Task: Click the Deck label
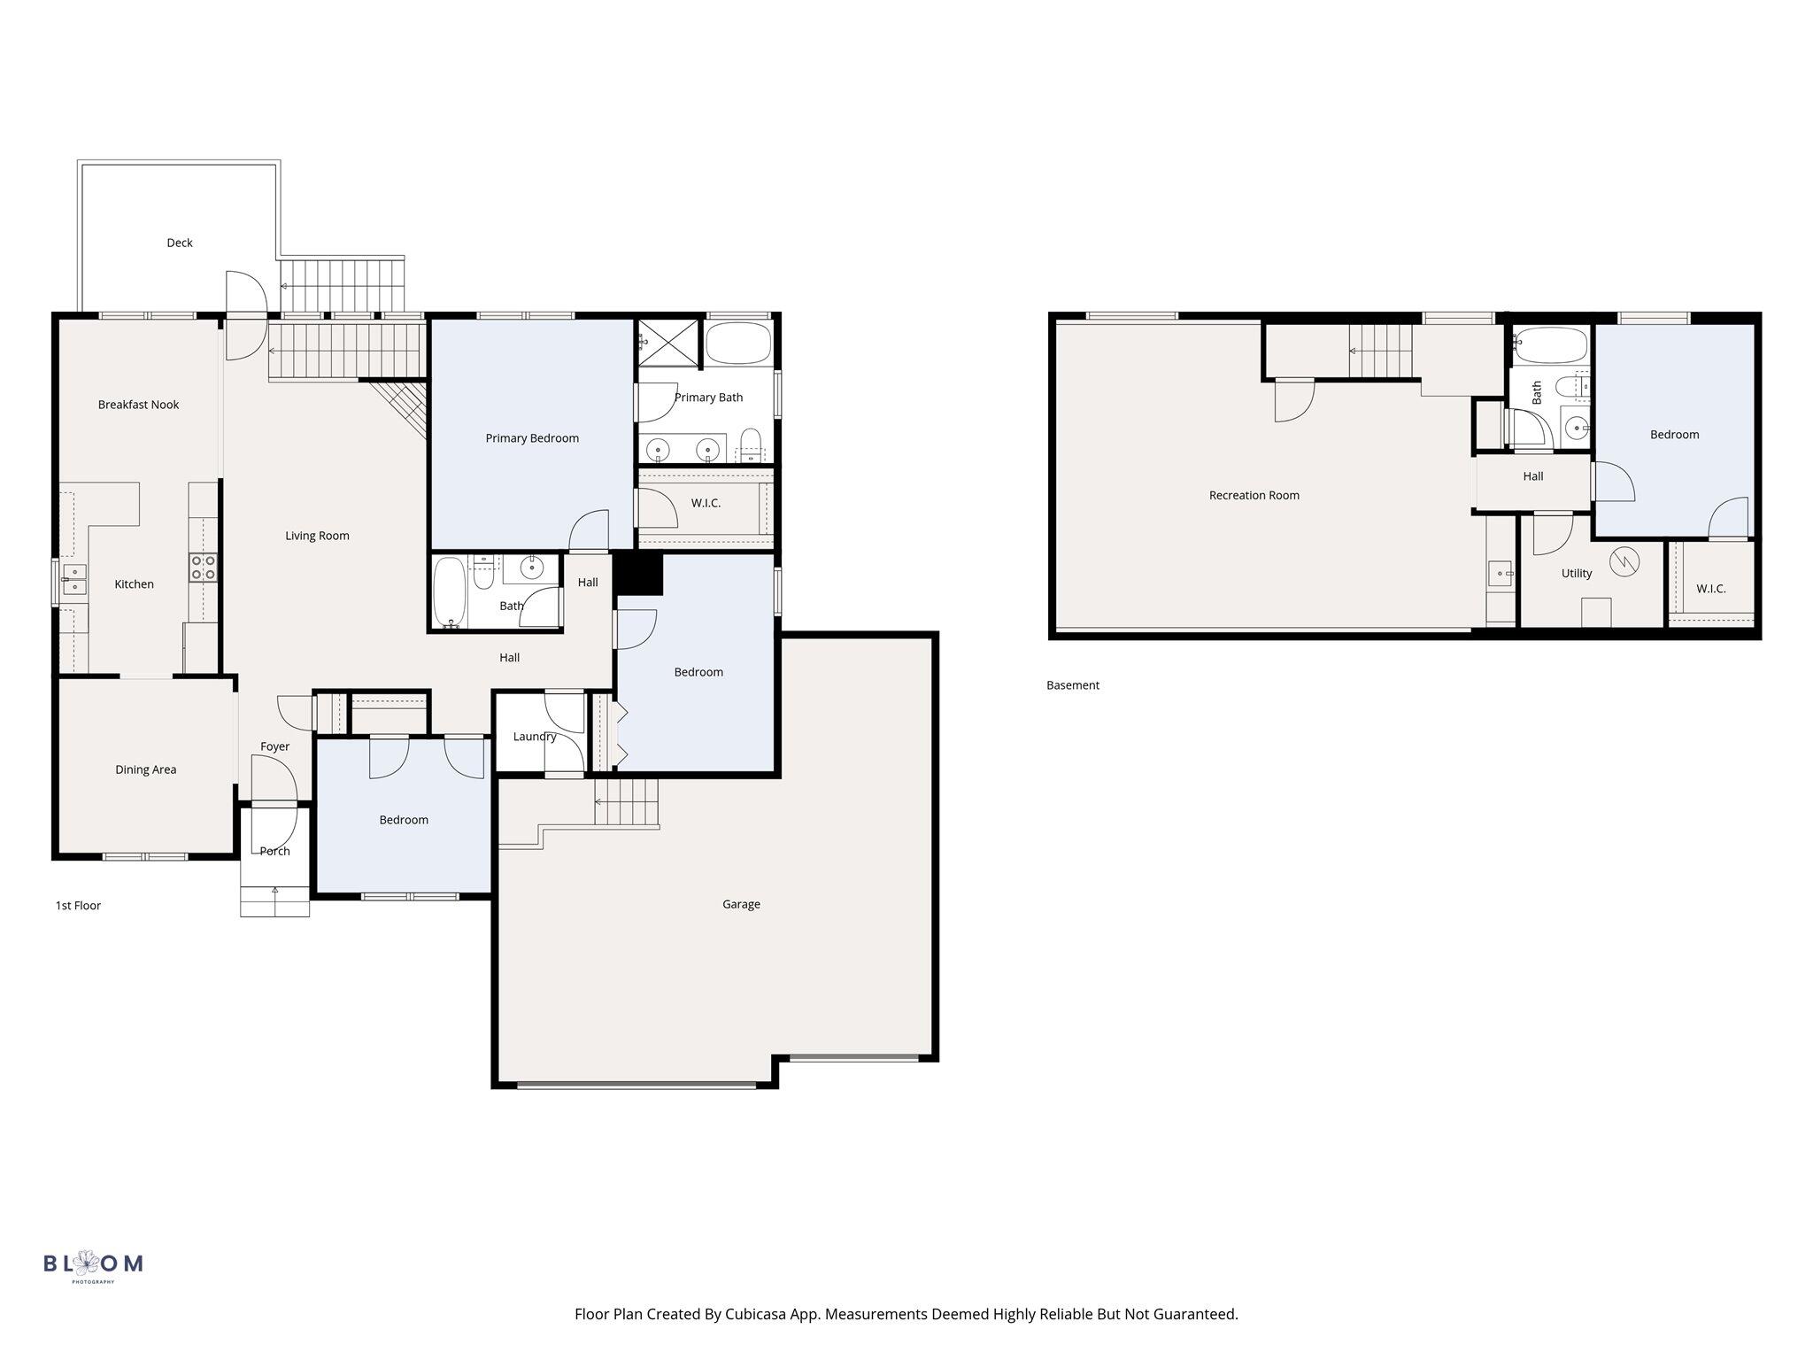pos(180,243)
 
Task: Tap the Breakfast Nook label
pos(138,405)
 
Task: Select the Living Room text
pos(317,536)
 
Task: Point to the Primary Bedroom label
pos(532,438)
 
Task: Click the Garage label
pos(741,904)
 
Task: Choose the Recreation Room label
pos(1254,496)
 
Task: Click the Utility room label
pos(1577,574)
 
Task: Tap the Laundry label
pos(535,737)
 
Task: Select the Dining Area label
pos(145,769)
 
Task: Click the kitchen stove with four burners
pos(204,568)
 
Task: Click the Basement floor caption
pos(1073,685)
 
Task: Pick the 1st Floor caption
pos(78,906)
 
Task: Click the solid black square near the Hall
pos(638,574)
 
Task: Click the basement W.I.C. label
pos(1711,589)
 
